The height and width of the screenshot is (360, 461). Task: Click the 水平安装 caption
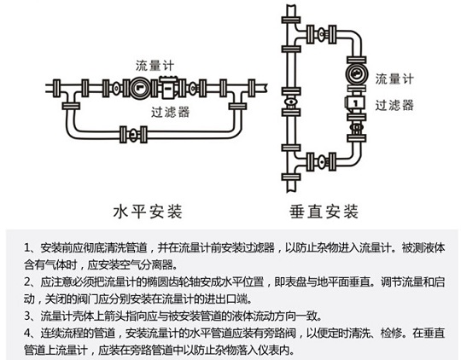[148, 212]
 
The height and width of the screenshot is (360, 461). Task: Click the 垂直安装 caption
[324, 212]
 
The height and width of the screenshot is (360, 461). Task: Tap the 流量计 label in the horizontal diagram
[155, 65]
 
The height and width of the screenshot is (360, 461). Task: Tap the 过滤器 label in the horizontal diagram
[171, 112]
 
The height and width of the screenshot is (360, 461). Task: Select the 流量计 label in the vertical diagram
[394, 78]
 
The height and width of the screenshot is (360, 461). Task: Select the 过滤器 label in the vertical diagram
[394, 105]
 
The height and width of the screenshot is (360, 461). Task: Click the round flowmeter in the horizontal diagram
[140, 88]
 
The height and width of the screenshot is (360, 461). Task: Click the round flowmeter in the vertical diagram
[356, 73]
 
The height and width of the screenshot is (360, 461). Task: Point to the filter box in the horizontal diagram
[168, 87]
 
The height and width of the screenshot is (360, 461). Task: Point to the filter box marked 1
[355, 103]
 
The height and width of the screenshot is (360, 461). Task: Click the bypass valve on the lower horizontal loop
[133, 135]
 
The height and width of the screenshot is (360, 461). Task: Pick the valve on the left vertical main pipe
[291, 102]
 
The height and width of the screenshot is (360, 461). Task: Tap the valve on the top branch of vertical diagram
[321, 34]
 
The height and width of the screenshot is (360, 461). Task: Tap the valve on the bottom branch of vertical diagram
[321, 161]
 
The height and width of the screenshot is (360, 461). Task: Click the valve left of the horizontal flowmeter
[116, 88]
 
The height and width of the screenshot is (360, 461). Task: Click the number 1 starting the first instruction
[26, 248]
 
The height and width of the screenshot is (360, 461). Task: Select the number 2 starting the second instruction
[27, 282]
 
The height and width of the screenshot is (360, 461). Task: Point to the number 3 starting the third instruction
[27, 316]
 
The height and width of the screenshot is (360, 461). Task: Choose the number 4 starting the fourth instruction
[27, 334]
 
